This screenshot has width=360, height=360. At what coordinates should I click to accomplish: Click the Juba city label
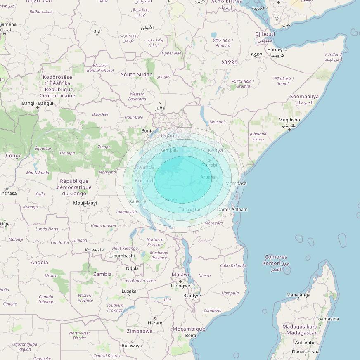pyautogui.click(x=160, y=108)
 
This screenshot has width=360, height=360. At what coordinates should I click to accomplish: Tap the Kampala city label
pyautogui.click(x=169, y=150)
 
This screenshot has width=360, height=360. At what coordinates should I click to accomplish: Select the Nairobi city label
pyautogui.click(x=209, y=165)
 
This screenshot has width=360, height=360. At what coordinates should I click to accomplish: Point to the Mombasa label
pyautogui.click(x=236, y=183)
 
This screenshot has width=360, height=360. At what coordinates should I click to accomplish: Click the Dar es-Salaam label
pyautogui.click(x=232, y=210)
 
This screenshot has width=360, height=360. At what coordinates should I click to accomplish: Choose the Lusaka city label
pyautogui.click(x=129, y=291)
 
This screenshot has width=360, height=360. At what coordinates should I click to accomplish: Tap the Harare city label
pyautogui.click(x=155, y=323)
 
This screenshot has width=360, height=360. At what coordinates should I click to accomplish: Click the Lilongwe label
pyautogui.click(x=180, y=286)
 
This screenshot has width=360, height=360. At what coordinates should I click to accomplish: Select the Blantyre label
pyautogui.click(x=192, y=296)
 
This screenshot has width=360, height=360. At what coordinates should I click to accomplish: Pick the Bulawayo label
pyautogui.click(x=132, y=346)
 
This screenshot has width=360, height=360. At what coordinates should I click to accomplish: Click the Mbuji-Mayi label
pyautogui.click(x=85, y=203)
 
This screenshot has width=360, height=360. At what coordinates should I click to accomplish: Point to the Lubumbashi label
pyautogui.click(x=121, y=256)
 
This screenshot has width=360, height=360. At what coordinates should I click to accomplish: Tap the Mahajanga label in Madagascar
pyautogui.click(x=298, y=295)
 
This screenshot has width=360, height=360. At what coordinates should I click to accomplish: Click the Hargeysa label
pyautogui.click(x=277, y=50)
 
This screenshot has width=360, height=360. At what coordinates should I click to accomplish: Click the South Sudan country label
pyautogui.click(x=137, y=75)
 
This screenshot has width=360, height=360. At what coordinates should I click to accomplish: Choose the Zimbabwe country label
pyautogui.click(x=140, y=331)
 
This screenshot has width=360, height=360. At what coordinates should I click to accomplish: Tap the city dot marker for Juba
pyautogui.click(x=160, y=103)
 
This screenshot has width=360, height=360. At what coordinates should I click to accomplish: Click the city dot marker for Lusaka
pyautogui.click(x=129, y=295)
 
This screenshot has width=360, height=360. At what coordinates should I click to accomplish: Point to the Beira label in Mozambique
pyautogui.click(x=191, y=336)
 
